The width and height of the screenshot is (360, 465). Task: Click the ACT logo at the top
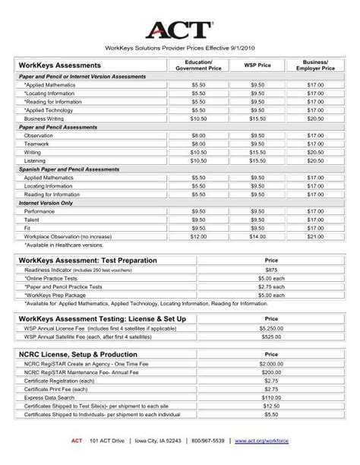click(179, 30)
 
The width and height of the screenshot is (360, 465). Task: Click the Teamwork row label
click(38, 144)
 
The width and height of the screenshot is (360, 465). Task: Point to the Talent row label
click(34, 219)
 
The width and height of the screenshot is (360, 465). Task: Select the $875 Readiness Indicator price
click(272, 270)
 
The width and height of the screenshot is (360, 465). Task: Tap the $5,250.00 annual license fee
click(272, 327)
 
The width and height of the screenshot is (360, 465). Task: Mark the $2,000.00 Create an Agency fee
click(272, 364)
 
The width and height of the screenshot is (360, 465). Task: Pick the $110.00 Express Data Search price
click(272, 397)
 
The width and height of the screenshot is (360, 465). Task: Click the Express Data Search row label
click(52, 397)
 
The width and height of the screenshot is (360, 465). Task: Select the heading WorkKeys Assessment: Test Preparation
click(81, 259)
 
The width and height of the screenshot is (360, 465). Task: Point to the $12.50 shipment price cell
click(272, 406)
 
